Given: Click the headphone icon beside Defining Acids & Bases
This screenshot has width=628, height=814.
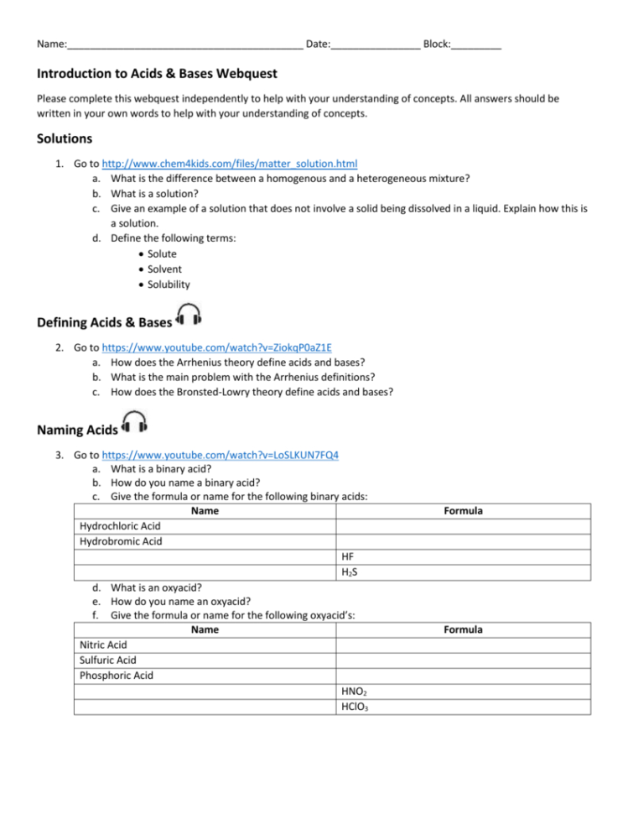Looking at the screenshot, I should (x=189, y=316).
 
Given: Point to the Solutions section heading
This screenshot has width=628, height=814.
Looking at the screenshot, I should (x=65, y=138).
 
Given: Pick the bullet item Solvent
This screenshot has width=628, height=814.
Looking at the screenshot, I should (x=164, y=269).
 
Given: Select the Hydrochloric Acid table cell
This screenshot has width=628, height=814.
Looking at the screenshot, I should (x=119, y=526).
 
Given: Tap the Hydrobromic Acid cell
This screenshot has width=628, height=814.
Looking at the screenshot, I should (x=120, y=541).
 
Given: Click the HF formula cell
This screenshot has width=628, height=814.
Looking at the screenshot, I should (x=349, y=556).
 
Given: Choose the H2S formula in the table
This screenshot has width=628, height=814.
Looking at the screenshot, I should (x=350, y=572).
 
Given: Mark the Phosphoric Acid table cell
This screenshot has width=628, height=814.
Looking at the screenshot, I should (x=116, y=676).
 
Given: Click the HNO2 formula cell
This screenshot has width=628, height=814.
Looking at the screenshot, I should (x=354, y=691).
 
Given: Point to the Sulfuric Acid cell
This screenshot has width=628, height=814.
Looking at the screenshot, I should (x=107, y=660).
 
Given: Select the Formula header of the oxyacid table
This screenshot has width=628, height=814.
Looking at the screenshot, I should (x=463, y=629).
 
